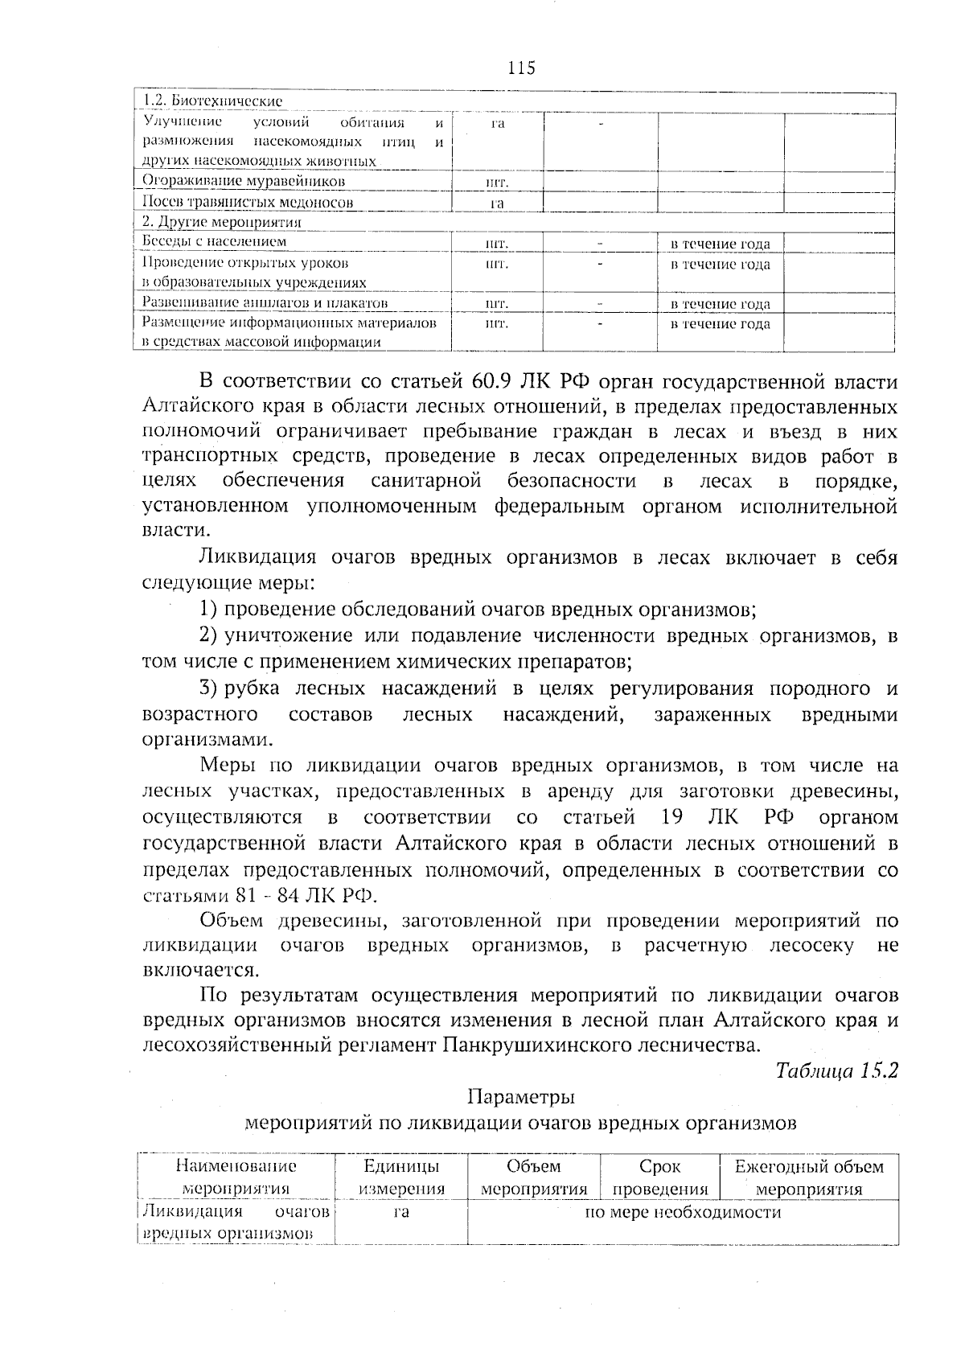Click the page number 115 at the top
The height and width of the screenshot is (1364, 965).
pyautogui.click(x=521, y=68)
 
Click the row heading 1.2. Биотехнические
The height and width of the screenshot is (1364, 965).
pyautogui.click(x=212, y=102)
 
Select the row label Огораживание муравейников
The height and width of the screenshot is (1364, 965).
pyautogui.click(x=243, y=181)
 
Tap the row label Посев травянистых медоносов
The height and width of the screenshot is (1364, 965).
pyautogui.click(x=248, y=203)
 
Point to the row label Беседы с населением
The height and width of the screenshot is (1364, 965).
pyautogui.click(x=214, y=241)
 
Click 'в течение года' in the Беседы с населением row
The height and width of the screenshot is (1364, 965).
pyautogui.click(x=720, y=244)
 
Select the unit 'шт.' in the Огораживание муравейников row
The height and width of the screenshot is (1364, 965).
pyautogui.click(x=497, y=183)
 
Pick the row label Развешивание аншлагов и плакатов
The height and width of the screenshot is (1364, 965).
pyautogui.click(x=265, y=303)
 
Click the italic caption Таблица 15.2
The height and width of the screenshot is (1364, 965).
pyautogui.click(x=836, y=1071)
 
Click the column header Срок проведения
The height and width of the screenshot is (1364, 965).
pyautogui.click(x=659, y=1177)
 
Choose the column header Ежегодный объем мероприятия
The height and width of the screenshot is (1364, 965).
pyautogui.click(x=809, y=1177)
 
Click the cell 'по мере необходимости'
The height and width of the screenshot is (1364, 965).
pyautogui.click(x=683, y=1212)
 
